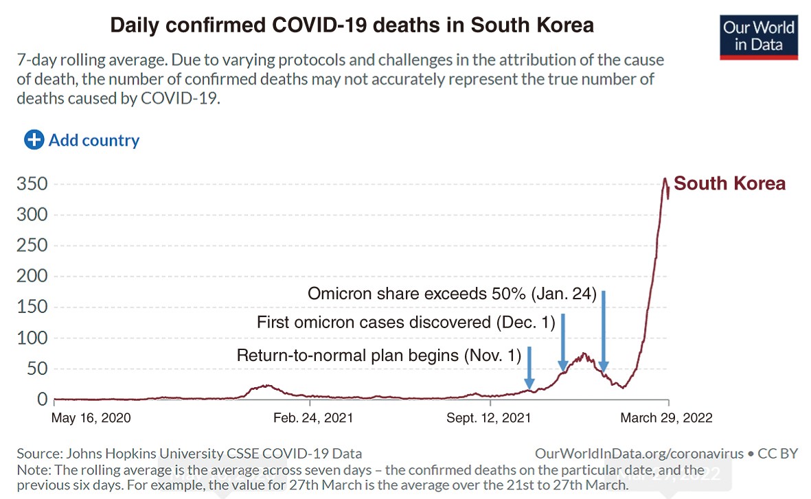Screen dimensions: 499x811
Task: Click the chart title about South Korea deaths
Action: point(352,27)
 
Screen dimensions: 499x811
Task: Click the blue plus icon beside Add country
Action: point(34,140)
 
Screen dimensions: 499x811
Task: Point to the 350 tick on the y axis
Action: point(32,184)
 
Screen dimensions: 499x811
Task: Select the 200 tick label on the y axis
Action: point(32,277)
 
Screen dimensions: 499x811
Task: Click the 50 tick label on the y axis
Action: point(37,369)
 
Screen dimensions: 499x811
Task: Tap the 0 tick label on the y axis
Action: point(42,399)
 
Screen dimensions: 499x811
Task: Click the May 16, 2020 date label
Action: point(91,418)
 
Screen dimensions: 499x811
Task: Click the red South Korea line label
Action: point(729,184)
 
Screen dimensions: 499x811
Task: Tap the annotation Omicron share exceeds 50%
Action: point(452,294)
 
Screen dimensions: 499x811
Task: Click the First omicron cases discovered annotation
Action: point(405,322)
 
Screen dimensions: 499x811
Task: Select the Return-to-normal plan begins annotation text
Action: point(378,356)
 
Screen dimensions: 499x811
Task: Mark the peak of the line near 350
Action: point(665,179)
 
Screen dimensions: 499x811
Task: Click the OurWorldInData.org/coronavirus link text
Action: point(639,454)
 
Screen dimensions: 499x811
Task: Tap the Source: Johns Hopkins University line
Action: point(189,454)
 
